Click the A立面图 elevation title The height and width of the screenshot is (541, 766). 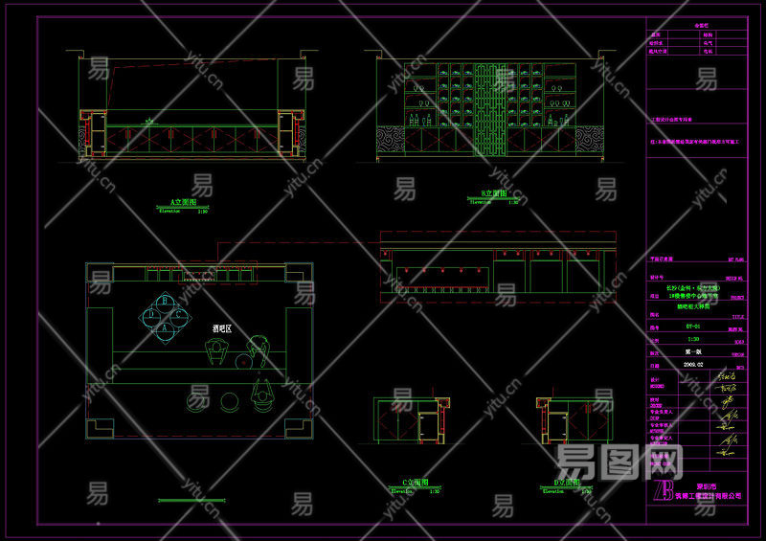coord(183,202)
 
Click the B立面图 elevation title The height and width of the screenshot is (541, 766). coord(493,193)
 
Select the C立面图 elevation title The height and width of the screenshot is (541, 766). coord(415,483)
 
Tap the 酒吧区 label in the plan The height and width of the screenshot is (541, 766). coord(222,328)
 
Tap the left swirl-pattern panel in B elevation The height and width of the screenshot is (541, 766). coord(390,140)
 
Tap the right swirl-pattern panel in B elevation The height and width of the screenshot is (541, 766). coord(586,140)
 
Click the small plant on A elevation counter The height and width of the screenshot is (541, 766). coord(148,122)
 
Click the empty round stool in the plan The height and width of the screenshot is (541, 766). coord(231,401)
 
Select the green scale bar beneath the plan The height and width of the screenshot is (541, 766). coord(200,500)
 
